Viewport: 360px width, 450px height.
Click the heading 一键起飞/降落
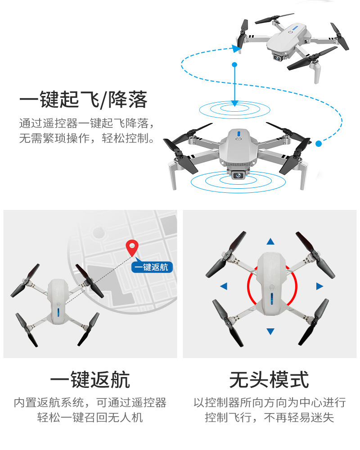tap(83, 100)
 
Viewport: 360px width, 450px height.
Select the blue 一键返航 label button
tap(152, 267)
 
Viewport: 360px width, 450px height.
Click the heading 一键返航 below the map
tap(90, 380)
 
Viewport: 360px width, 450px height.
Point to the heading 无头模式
tap(269, 380)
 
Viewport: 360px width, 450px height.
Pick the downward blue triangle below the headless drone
tap(270, 332)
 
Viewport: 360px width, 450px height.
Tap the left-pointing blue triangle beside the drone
tap(224, 286)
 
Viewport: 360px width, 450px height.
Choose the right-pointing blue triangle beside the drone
tap(319, 286)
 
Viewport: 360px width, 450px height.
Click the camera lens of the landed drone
tap(237, 176)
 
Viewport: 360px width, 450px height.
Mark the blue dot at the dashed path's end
tap(319, 144)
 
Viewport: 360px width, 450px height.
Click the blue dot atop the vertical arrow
tap(234, 65)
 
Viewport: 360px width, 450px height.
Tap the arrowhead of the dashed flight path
tap(234, 47)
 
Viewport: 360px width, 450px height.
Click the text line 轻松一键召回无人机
tap(90, 417)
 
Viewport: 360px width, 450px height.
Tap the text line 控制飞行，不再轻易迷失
tap(269, 417)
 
